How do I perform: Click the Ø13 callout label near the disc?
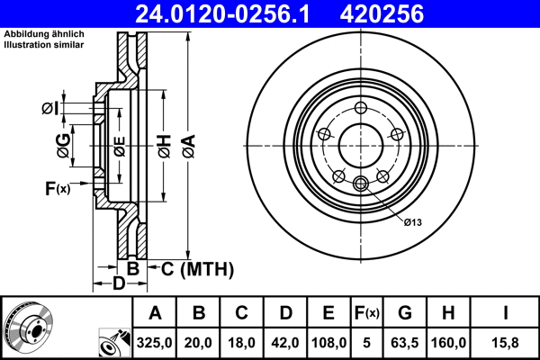tap(413, 221)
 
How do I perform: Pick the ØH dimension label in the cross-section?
tap(164, 143)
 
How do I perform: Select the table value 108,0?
tap(328, 343)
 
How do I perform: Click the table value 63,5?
tap(405, 343)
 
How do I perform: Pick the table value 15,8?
tap(506, 343)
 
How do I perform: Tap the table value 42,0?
tap(285, 343)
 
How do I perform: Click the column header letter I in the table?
tap(506, 313)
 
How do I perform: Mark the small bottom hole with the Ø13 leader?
tap(361, 184)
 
